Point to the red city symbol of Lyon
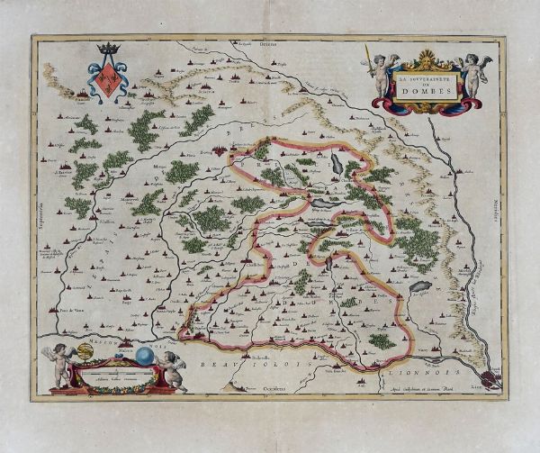tap(487, 377)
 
